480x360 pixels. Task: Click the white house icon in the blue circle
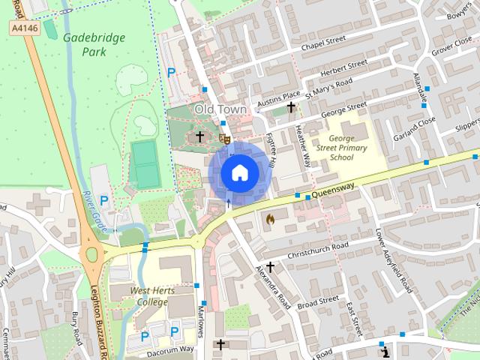[x=239, y=172]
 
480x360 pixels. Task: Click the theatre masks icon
[x=223, y=138]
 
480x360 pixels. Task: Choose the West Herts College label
[x=139, y=296]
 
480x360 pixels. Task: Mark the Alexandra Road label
[x=272, y=286]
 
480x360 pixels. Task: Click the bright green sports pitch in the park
[x=143, y=165]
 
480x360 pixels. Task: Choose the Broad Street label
[x=318, y=301]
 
